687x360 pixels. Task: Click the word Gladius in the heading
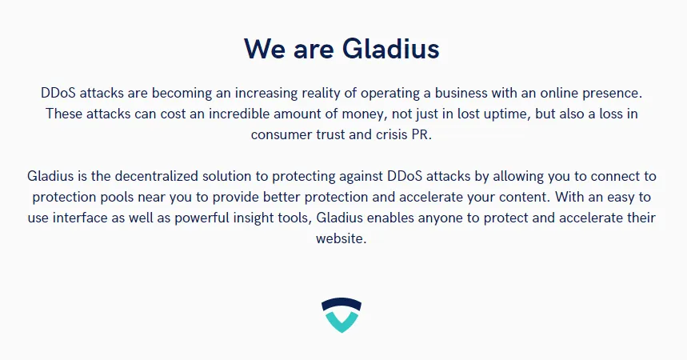[391, 49]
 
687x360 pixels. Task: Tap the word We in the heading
[265, 49]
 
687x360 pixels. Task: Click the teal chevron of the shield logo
[342, 322]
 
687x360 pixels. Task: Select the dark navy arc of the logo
[342, 304]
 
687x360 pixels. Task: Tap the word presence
[612, 94]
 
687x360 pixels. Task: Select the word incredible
[239, 114]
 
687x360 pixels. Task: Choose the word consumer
[282, 134]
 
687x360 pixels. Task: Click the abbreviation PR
[421, 134]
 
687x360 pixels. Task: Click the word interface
[80, 218]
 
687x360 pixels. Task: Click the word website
[341, 238]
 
